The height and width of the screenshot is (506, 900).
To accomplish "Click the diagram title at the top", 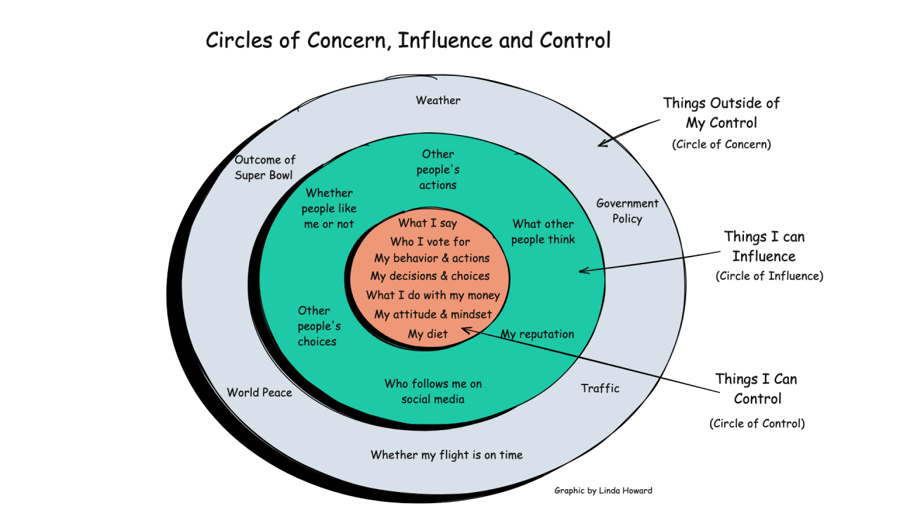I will pyautogui.click(x=408, y=41).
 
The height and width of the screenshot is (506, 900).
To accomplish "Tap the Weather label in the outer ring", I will pyautogui.click(x=438, y=100).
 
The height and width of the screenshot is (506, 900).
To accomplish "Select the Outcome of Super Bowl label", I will pyautogui.click(x=264, y=167).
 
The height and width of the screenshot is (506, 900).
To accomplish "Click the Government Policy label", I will pyautogui.click(x=627, y=211).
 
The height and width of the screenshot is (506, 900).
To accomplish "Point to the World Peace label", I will pyautogui.click(x=259, y=393).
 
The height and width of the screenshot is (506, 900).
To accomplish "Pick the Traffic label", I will pyautogui.click(x=600, y=388).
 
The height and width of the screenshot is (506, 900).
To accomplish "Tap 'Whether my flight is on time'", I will pyautogui.click(x=446, y=455).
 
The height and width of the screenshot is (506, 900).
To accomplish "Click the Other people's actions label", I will pyautogui.click(x=438, y=169).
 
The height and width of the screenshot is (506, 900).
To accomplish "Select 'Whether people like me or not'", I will pyautogui.click(x=329, y=208).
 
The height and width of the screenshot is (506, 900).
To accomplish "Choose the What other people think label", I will pyautogui.click(x=543, y=232).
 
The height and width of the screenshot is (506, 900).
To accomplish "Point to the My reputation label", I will pyautogui.click(x=537, y=335).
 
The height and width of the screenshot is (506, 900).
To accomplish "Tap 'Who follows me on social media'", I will pyautogui.click(x=433, y=391).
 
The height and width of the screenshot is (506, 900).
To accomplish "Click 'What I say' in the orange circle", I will pyautogui.click(x=427, y=223).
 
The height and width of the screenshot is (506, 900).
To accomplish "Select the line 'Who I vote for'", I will pyautogui.click(x=430, y=242).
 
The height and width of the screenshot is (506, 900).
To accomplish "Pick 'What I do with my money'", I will pyautogui.click(x=432, y=295).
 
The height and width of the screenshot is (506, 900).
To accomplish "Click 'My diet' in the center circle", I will pyautogui.click(x=427, y=335).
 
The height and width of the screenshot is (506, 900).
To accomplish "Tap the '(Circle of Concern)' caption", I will pyautogui.click(x=721, y=144).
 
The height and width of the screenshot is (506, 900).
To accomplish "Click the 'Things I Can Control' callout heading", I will pyautogui.click(x=757, y=389).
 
